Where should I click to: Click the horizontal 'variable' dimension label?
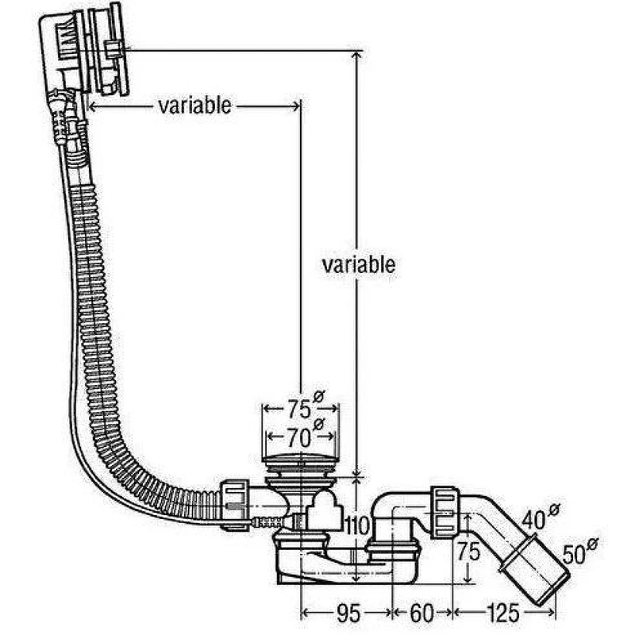tap(194, 106)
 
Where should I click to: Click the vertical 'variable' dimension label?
tap(359, 265)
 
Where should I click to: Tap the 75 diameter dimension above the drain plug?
tap(300, 409)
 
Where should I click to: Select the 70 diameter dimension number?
tap(300, 437)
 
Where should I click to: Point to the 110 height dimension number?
tap(357, 526)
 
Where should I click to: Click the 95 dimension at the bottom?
tap(348, 614)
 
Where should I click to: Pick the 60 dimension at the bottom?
tap(422, 614)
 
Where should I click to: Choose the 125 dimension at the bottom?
tap(502, 614)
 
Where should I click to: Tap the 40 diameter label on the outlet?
tap(533, 521)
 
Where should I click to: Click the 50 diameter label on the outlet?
tap(575, 555)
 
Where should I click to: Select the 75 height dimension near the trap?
tap(468, 552)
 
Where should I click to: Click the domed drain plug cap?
tap(300, 460)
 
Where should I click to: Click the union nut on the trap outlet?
tap(444, 512)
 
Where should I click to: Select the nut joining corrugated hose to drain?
tap(234, 505)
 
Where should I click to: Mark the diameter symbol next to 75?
tap(319, 396)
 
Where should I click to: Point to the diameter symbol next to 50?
tap(592, 545)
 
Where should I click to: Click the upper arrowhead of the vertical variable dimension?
tap(356, 56)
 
